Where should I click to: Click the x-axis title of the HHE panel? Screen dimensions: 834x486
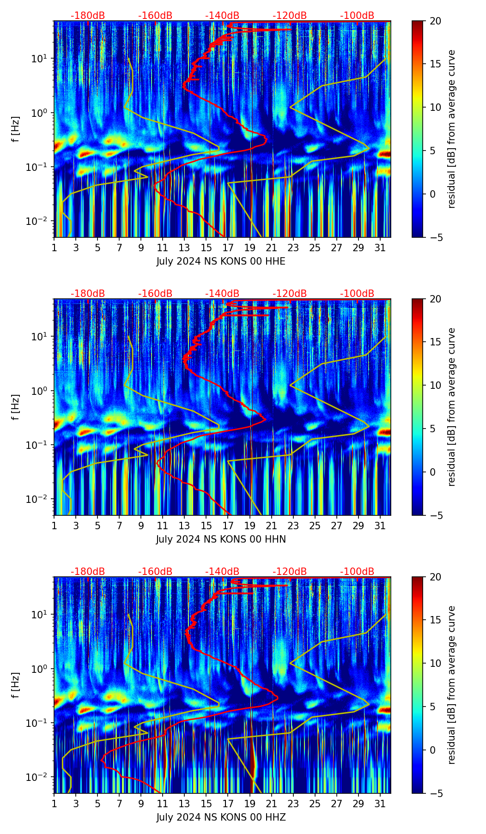(x=221, y=261)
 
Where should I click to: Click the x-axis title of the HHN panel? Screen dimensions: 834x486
(x=221, y=539)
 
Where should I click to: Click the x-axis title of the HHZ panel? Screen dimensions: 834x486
(x=221, y=817)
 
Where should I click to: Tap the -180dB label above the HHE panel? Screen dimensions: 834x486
(x=88, y=16)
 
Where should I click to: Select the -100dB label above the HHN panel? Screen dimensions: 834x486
(x=357, y=294)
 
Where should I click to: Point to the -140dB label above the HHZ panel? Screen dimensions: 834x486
(x=222, y=572)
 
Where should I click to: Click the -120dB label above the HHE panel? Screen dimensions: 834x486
(x=290, y=16)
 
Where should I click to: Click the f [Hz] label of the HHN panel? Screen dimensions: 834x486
(x=16, y=407)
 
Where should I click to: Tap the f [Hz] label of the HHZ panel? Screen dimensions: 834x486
(x=16, y=685)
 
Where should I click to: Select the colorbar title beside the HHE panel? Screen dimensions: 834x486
(x=451, y=129)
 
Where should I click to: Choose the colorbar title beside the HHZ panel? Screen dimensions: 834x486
(x=451, y=685)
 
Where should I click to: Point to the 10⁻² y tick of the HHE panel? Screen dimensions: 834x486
(x=41, y=222)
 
